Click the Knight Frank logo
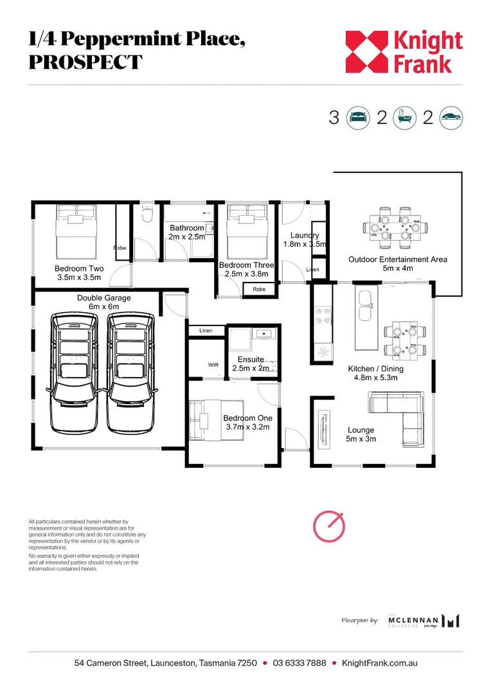(x=404, y=52)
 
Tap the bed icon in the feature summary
(x=358, y=118)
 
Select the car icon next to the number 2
(x=451, y=118)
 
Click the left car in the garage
(x=76, y=373)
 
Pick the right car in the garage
(x=131, y=373)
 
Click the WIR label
(x=213, y=365)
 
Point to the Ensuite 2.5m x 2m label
(x=251, y=364)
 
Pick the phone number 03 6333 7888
(x=299, y=663)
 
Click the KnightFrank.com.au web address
(x=379, y=663)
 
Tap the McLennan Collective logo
(x=424, y=621)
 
